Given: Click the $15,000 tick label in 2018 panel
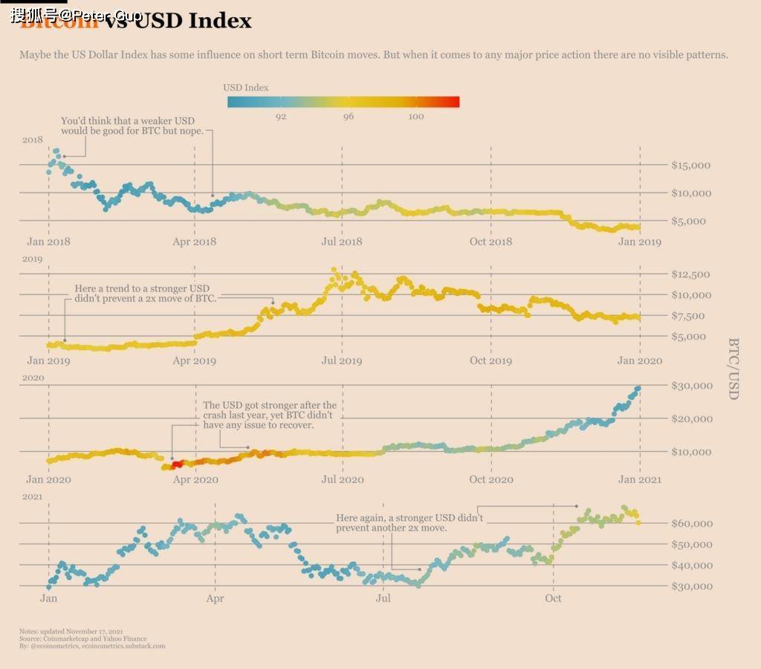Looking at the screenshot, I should click(690, 165).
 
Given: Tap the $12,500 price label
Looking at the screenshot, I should click(690, 274).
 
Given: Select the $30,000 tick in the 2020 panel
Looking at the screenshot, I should click(690, 385).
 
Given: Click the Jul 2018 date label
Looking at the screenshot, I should click(341, 242).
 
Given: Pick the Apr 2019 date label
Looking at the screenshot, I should click(194, 361).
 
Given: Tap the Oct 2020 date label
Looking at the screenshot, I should click(490, 479).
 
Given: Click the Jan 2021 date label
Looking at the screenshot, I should click(639, 479).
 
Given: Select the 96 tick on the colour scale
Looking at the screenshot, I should click(349, 117).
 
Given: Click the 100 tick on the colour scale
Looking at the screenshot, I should click(416, 117).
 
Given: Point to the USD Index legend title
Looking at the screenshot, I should click(246, 88).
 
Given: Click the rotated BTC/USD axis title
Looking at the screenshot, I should click(733, 369).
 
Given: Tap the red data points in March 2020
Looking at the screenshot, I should click(176, 465).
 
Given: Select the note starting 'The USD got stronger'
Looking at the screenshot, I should click(269, 416).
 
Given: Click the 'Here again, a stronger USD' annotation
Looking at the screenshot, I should click(409, 523).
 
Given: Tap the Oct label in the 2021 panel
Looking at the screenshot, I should click(553, 598).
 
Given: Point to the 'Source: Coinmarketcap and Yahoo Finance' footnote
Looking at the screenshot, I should click(83, 639).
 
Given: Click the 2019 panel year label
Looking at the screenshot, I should click(33, 259).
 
